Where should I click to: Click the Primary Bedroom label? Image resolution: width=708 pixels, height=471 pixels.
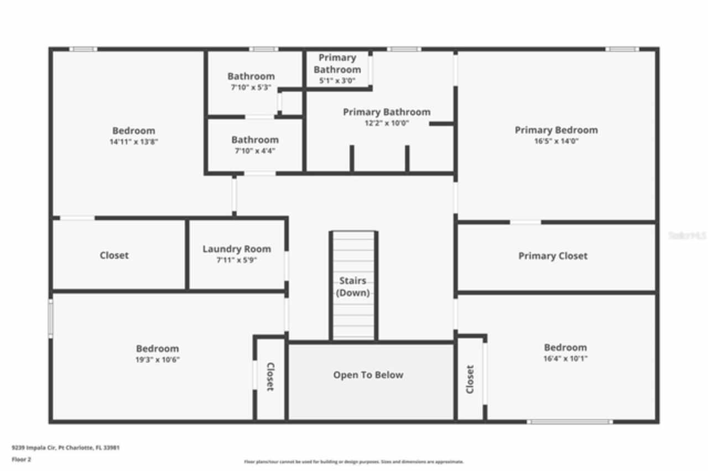pos(556,130)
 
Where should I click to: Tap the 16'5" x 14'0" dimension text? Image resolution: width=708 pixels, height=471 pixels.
pos(556,141)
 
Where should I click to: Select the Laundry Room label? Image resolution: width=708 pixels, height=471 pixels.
pos(237,249)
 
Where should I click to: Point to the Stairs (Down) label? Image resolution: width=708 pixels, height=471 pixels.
pos(353,287)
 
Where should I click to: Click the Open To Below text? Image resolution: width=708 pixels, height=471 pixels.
pos(368,375)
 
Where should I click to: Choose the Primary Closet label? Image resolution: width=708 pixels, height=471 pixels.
pos(553,256)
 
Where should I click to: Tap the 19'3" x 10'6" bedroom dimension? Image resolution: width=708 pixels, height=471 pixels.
pos(158,359)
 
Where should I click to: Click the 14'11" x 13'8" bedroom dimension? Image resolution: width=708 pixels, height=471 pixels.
pos(134,142)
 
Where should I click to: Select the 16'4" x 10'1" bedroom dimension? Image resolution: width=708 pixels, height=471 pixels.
pos(565,358)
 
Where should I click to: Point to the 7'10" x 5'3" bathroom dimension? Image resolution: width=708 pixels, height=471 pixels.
pos(251,87)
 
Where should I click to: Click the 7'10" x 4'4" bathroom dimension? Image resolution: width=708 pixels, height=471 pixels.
pos(255,151)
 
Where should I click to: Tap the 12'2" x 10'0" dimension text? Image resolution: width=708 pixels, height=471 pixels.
pos(387,123)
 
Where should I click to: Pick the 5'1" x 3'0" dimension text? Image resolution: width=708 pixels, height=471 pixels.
pos(337,81)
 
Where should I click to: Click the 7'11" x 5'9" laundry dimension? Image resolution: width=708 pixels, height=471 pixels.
pos(237,260)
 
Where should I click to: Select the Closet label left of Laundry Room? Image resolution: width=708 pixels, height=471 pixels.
pos(114,255)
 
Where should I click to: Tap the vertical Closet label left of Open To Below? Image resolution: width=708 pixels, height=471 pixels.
pos(270,376)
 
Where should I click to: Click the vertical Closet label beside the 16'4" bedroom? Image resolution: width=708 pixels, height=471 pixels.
pos(470,379)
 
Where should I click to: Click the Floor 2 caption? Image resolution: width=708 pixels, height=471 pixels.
pos(22,459)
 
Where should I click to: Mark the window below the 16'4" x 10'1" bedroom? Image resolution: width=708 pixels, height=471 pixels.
pos(570,422)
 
